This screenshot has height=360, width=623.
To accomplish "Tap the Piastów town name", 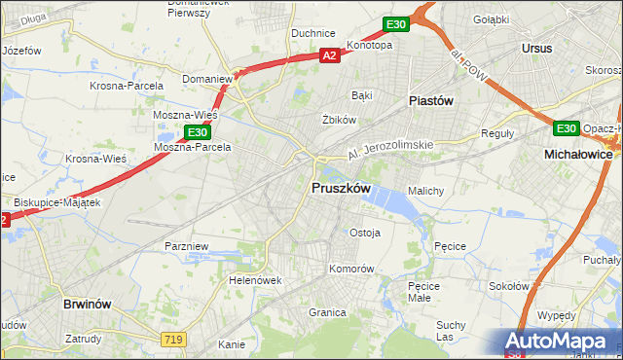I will pos(431,100).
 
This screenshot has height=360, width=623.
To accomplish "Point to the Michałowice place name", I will pos(582,155).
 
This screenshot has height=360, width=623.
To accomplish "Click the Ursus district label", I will pos(536,48).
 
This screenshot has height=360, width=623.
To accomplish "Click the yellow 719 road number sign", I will pos(173,338).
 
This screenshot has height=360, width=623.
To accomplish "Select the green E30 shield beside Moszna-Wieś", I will pos(197,131).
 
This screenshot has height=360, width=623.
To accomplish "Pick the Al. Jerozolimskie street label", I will pos(389,150).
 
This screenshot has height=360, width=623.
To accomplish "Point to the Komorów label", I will pos(351,268).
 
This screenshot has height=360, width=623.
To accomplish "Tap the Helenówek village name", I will pos(255,280).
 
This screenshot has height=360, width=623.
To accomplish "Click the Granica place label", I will pos(328,312).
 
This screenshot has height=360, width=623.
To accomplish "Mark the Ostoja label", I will pos(365,233).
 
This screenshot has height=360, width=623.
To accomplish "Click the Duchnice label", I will pos(313,32).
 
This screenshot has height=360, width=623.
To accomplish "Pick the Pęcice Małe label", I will pos(425,292).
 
